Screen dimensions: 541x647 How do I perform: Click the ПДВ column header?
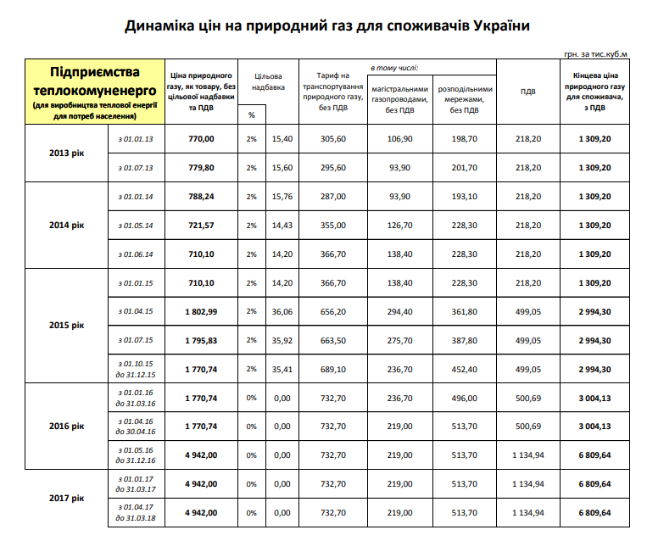[526, 92]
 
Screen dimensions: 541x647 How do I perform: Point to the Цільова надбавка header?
[270, 81]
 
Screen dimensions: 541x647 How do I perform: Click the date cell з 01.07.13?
[136, 167]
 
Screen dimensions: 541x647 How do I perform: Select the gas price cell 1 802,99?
[201, 311]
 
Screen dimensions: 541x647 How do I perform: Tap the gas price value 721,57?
[201, 225]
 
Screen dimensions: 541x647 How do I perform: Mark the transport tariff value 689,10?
[332, 369]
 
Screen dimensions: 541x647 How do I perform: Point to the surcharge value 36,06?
[281, 311]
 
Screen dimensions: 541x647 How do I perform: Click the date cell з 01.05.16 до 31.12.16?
[136, 455]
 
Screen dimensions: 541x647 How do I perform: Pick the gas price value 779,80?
[201, 167]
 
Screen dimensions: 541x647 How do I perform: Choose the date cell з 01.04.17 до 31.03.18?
[136, 513]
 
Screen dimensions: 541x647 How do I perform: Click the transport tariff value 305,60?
[332, 138]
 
